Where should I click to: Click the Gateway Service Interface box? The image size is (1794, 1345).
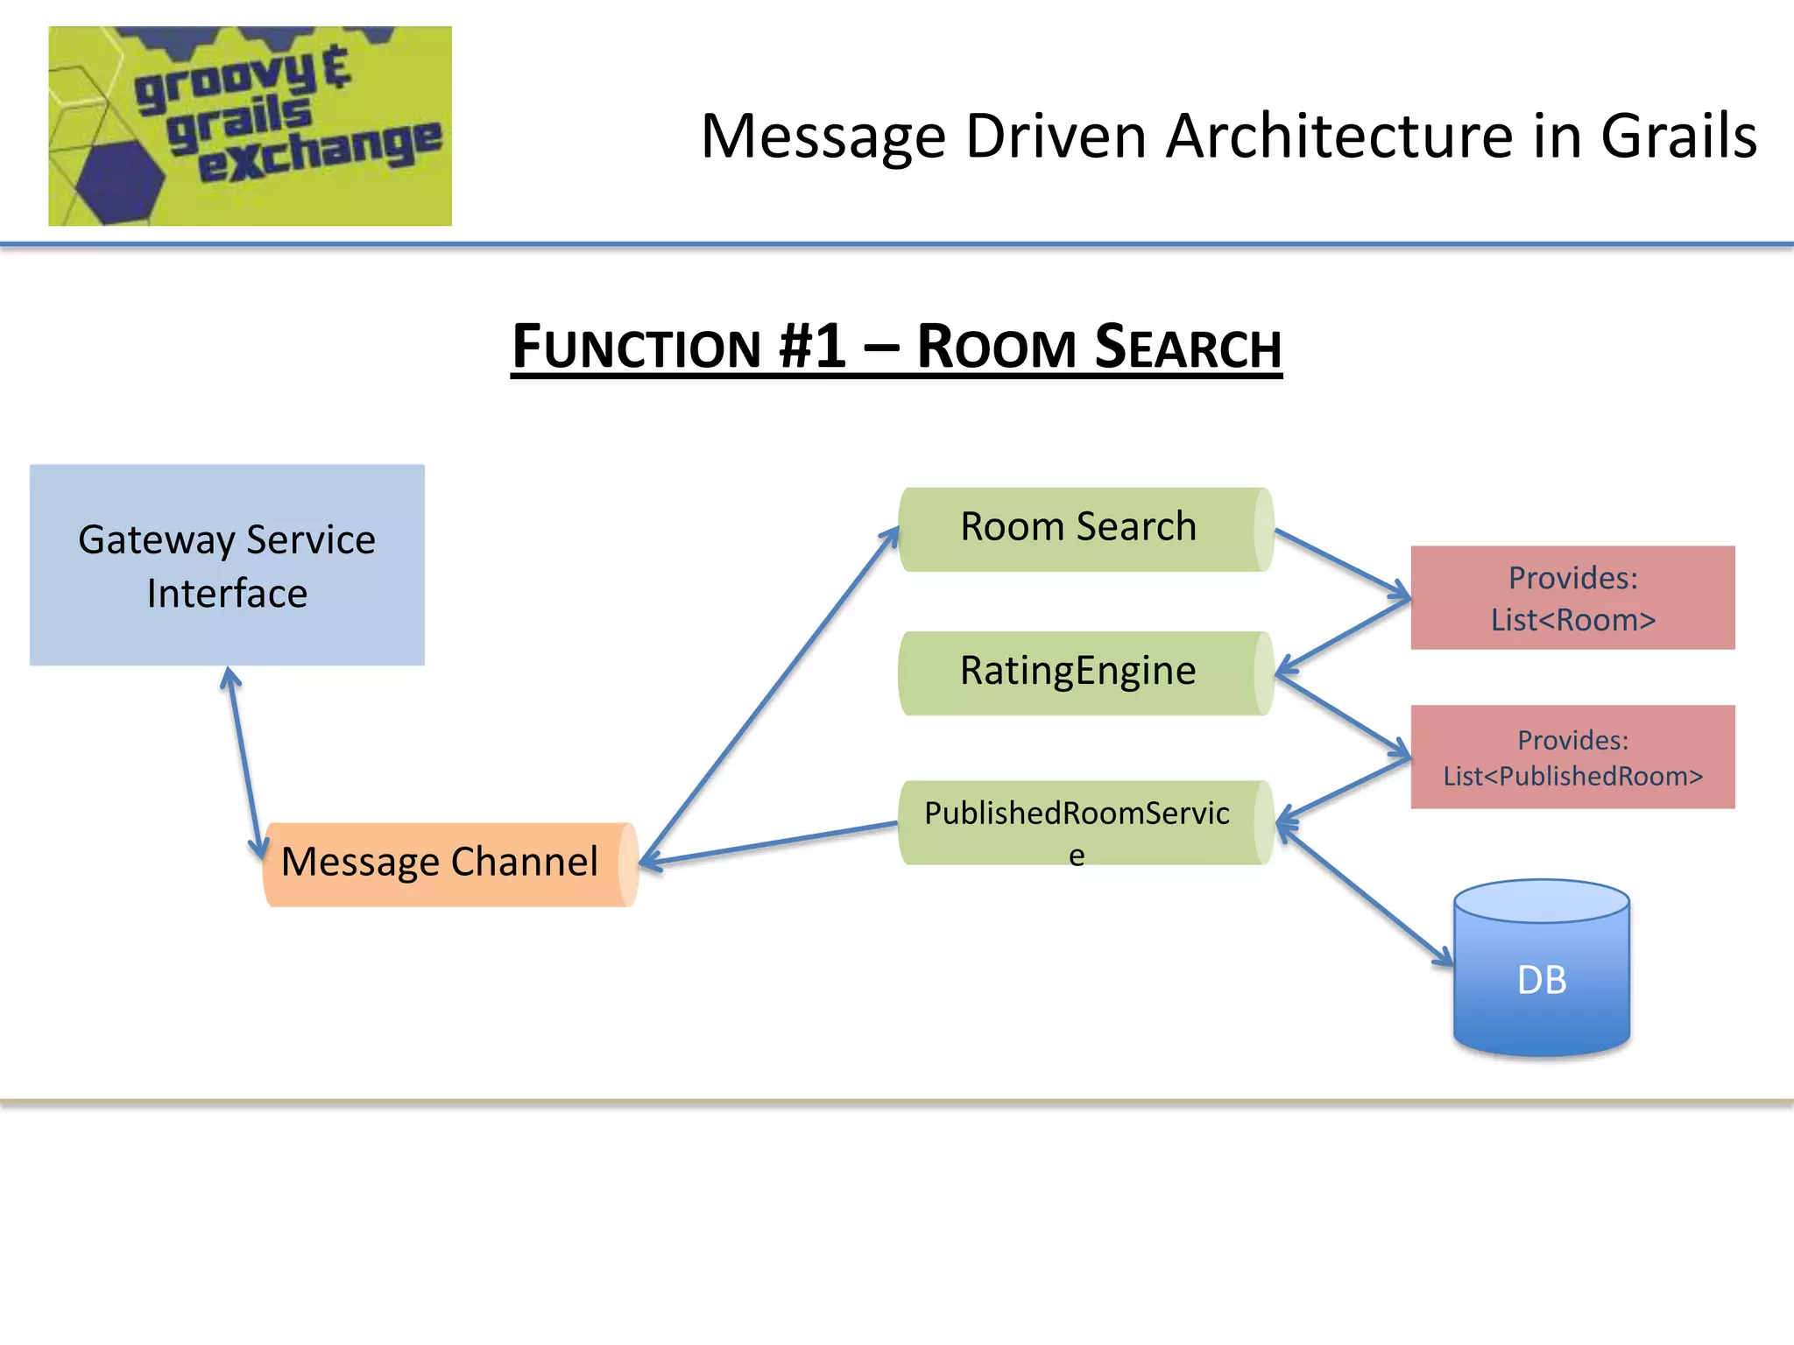(x=227, y=565)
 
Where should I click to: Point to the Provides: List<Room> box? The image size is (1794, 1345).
(x=1572, y=597)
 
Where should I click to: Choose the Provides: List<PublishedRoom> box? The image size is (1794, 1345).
(x=1572, y=757)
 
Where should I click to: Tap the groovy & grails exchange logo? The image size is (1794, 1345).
(x=250, y=126)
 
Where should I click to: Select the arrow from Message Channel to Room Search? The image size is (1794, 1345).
(x=771, y=696)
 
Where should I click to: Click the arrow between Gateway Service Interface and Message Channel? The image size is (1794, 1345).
(x=244, y=762)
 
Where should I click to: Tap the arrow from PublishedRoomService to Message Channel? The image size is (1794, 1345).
(x=771, y=844)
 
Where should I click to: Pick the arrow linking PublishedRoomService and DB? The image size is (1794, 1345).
(x=1365, y=895)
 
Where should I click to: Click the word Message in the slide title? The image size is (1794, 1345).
(x=823, y=137)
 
